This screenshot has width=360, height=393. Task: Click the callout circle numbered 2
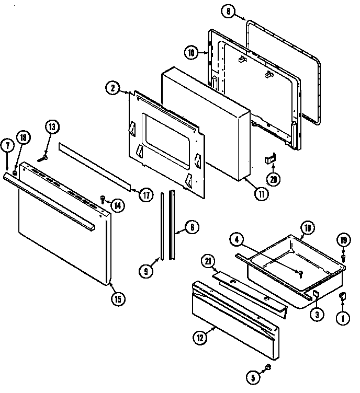(111, 88)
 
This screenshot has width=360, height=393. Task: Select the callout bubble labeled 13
(52, 126)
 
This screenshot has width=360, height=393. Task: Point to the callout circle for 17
(146, 195)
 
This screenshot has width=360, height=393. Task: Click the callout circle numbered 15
(118, 299)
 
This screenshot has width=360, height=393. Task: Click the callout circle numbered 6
(192, 227)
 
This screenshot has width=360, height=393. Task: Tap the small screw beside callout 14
(103, 198)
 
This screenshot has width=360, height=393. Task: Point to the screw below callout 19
(343, 258)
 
